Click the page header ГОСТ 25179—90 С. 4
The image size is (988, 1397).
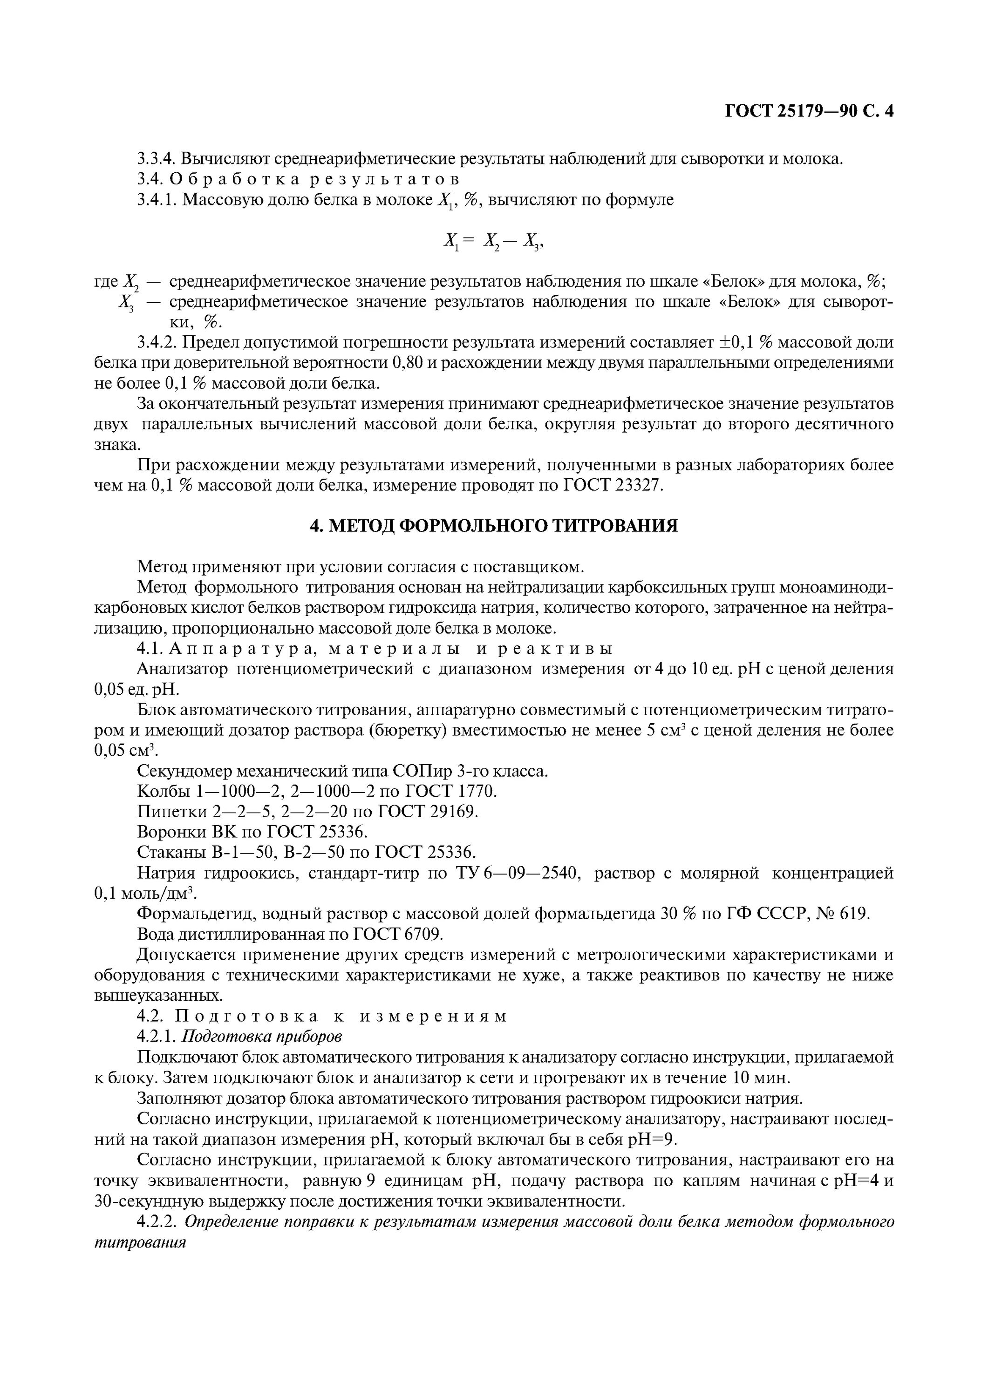click(809, 111)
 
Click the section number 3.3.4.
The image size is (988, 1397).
click(157, 159)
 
